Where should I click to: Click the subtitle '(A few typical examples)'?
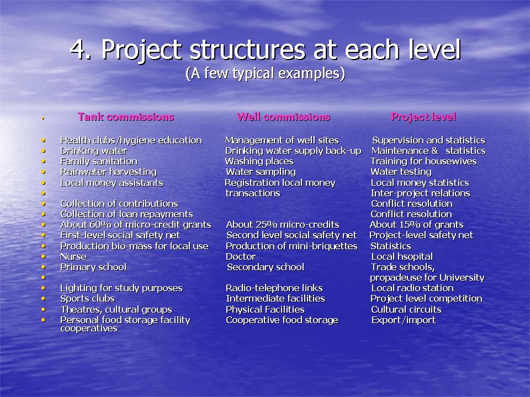(266, 73)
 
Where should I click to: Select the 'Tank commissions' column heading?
(126, 117)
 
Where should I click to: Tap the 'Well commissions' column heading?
(284, 117)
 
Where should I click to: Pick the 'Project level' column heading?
(423, 117)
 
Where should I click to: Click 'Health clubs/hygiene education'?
(131, 141)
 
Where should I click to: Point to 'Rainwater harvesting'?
(109, 172)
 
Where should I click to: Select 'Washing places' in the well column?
(259, 162)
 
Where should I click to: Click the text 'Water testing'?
(401, 172)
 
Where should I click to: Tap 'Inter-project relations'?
(421, 193)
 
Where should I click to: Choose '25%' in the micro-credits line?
(264, 224)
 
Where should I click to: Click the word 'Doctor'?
(241, 256)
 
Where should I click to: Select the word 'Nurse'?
(73, 256)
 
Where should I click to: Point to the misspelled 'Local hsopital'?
(402, 257)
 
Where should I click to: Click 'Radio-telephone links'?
(274, 288)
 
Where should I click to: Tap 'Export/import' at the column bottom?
(404, 320)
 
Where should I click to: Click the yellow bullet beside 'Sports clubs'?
(43, 299)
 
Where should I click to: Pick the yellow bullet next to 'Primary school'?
(43, 267)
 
